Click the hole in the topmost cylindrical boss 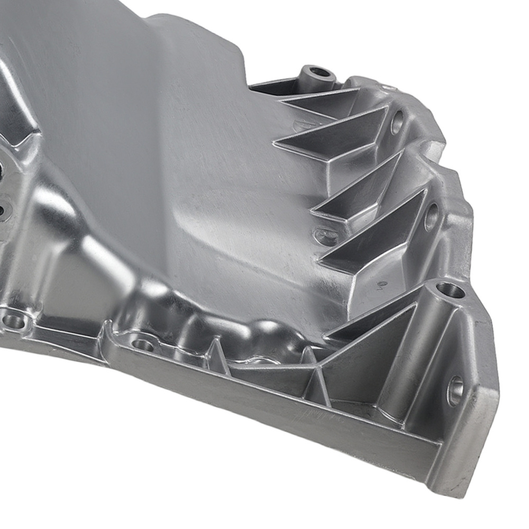point(319,71)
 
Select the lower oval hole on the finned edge point(431,217)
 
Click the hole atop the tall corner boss point(451,289)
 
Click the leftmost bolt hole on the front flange point(13,321)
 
